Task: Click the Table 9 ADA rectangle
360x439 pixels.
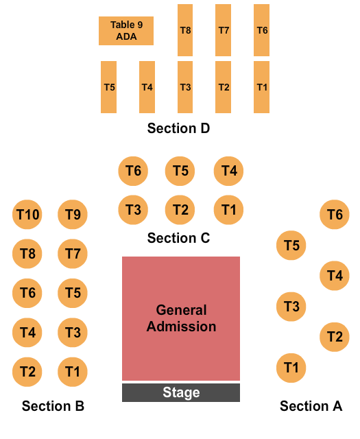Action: (x=126, y=31)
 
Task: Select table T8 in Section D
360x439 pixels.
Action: (x=185, y=30)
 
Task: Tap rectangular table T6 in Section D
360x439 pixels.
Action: (x=261, y=30)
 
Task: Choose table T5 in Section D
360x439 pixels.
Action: (x=109, y=87)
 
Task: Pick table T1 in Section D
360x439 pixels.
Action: (x=261, y=87)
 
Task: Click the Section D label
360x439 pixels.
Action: (x=178, y=128)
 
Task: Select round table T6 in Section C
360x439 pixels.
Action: (x=134, y=171)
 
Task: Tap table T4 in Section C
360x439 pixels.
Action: (x=229, y=171)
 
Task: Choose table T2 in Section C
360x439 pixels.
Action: (x=180, y=210)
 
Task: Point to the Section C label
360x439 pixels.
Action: (x=178, y=238)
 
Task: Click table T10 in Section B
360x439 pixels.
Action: (x=27, y=215)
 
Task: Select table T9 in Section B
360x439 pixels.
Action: (x=73, y=215)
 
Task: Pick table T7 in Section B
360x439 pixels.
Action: (x=73, y=254)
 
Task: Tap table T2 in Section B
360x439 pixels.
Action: (x=27, y=372)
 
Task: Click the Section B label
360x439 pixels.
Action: (x=53, y=406)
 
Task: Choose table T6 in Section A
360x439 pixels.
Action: (x=335, y=215)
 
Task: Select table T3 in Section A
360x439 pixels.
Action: (x=291, y=306)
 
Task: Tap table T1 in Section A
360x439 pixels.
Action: (x=291, y=368)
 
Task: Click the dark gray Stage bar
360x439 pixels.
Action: (x=181, y=392)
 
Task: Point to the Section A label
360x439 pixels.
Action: (x=311, y=406)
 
